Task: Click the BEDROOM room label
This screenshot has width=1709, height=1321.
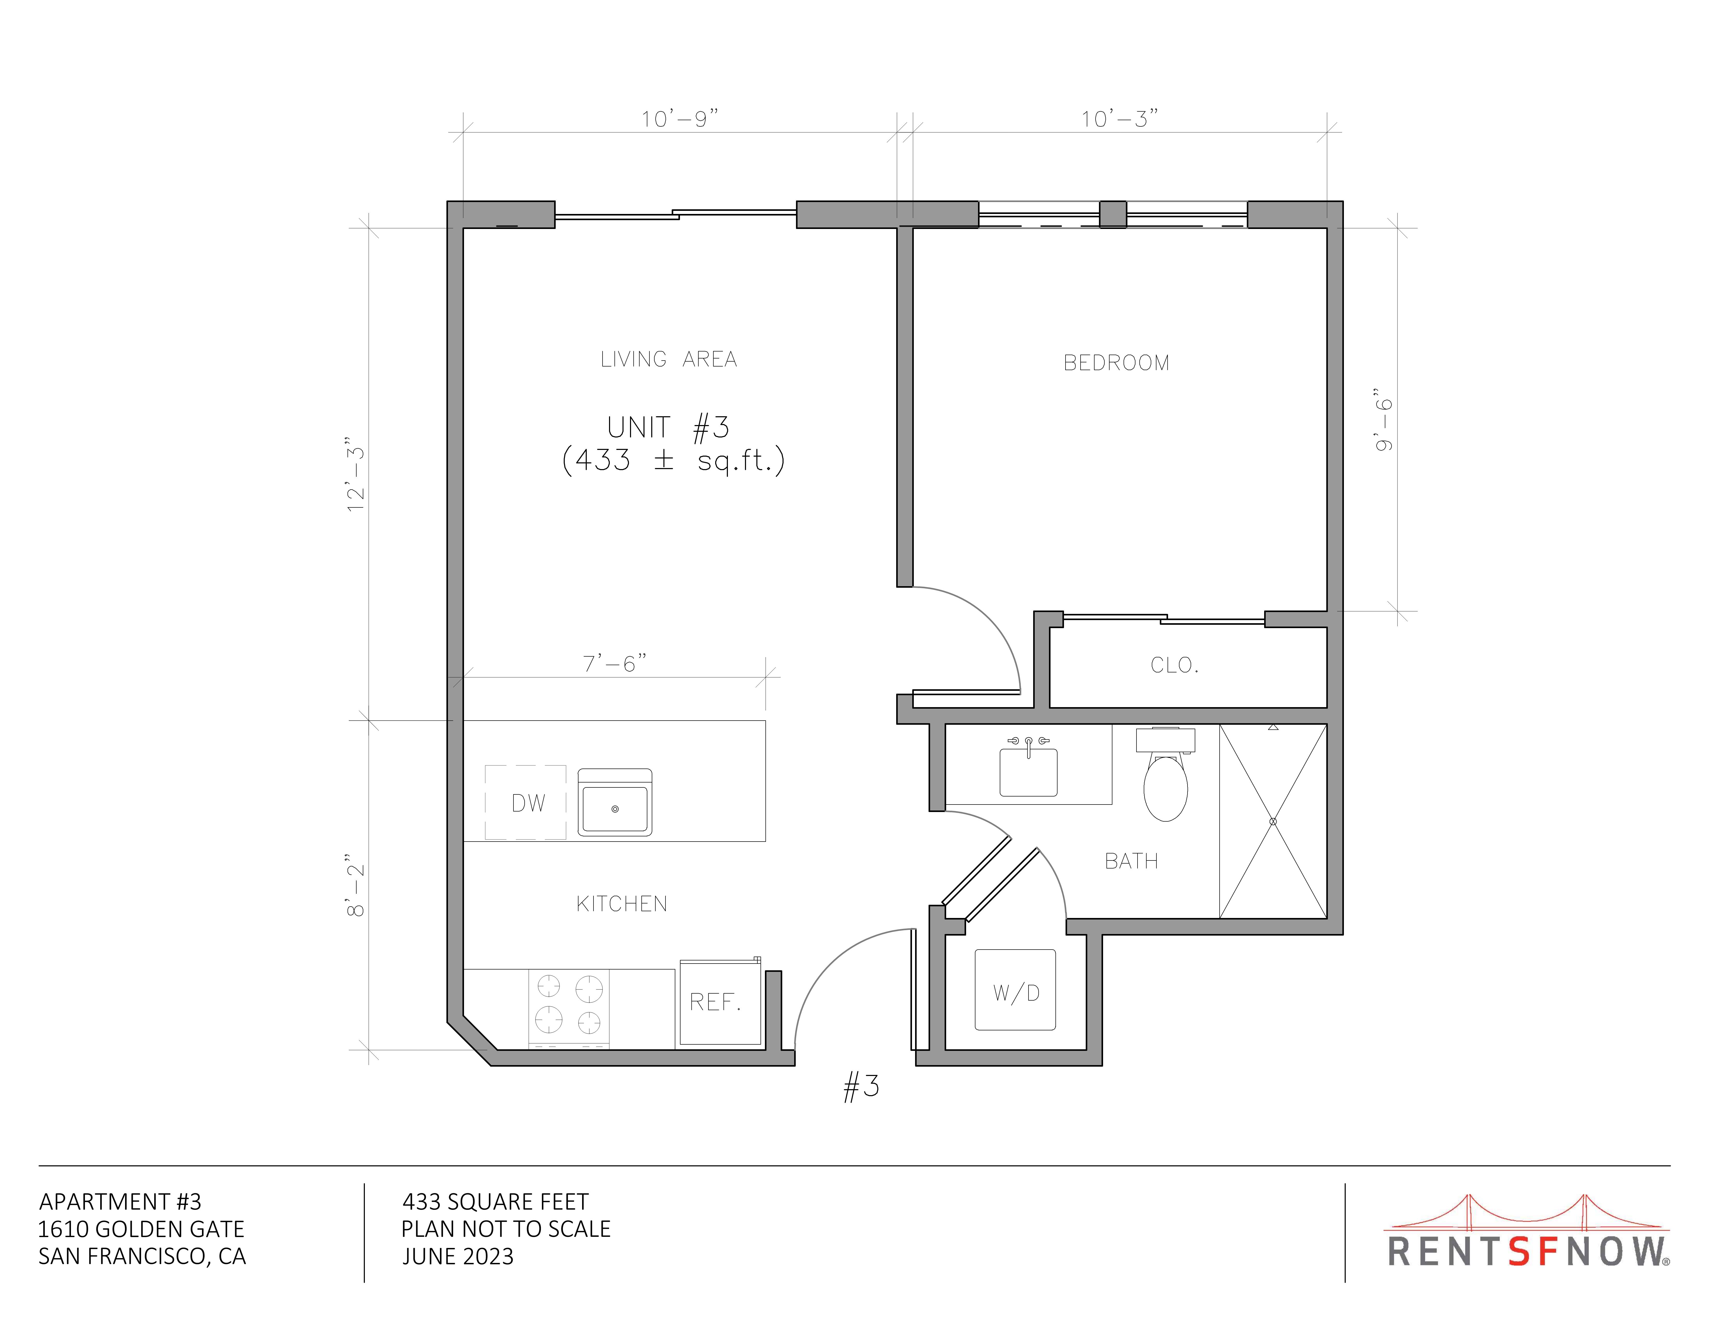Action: pos(1116,363)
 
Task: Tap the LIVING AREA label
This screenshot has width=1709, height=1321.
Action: pos(668,359)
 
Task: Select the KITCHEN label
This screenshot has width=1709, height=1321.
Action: pos(621,904)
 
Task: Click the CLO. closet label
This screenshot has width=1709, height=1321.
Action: pos(1174,665)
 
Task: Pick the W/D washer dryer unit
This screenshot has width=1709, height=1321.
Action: pos(1015,990)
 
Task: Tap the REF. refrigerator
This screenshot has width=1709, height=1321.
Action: pos(720,1002)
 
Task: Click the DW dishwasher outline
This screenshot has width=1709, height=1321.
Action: pos(525,802)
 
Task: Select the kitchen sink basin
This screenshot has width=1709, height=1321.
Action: pos(614,802)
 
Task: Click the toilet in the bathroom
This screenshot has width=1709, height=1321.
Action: pos(1165,775)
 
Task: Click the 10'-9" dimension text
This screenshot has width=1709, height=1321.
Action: pos(679,119)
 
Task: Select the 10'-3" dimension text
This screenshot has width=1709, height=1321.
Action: pos(1119,119)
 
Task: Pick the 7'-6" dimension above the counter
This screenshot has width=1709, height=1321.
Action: pos(614,664)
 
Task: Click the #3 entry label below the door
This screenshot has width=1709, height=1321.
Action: pos(861,1086)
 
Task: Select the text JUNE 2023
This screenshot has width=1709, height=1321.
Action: pos(458,1257)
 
